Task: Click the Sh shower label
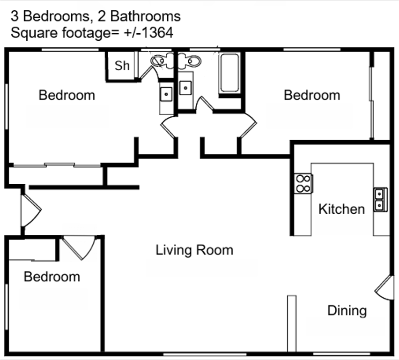pyautogui.click(x=122, y=66)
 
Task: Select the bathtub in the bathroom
pyautogui.click(x=229, y=73)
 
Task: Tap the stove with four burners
pyautogui.click(x=303, y=183)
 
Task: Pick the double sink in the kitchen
pyautogui.click(x=380, y=199)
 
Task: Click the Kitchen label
pyautogui.click(x=341, y=209)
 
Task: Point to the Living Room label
pyautogui.click(x=194, y=250)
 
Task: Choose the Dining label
pyautogui.click(x=347, y=310)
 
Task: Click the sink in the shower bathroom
pyautogui.click(x=166, y=94)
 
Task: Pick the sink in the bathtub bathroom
pyautogui.click(x=186, y=88)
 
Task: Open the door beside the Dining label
pyautogui.click(x=384, y=287)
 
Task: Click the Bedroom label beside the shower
pyautogui.click(x=67, y=95)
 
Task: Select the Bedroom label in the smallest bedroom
pyautogui.click(x=52, y=277)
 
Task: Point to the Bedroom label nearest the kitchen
pyautogui.click(x=312, y=95)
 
